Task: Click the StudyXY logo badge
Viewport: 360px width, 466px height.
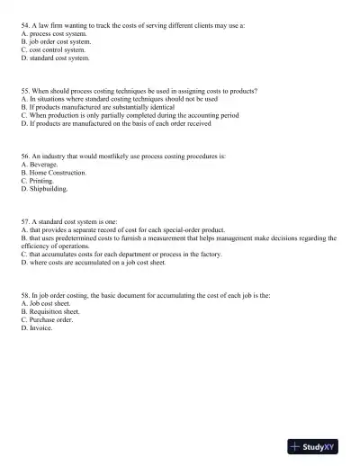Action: tap(318, 447)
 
